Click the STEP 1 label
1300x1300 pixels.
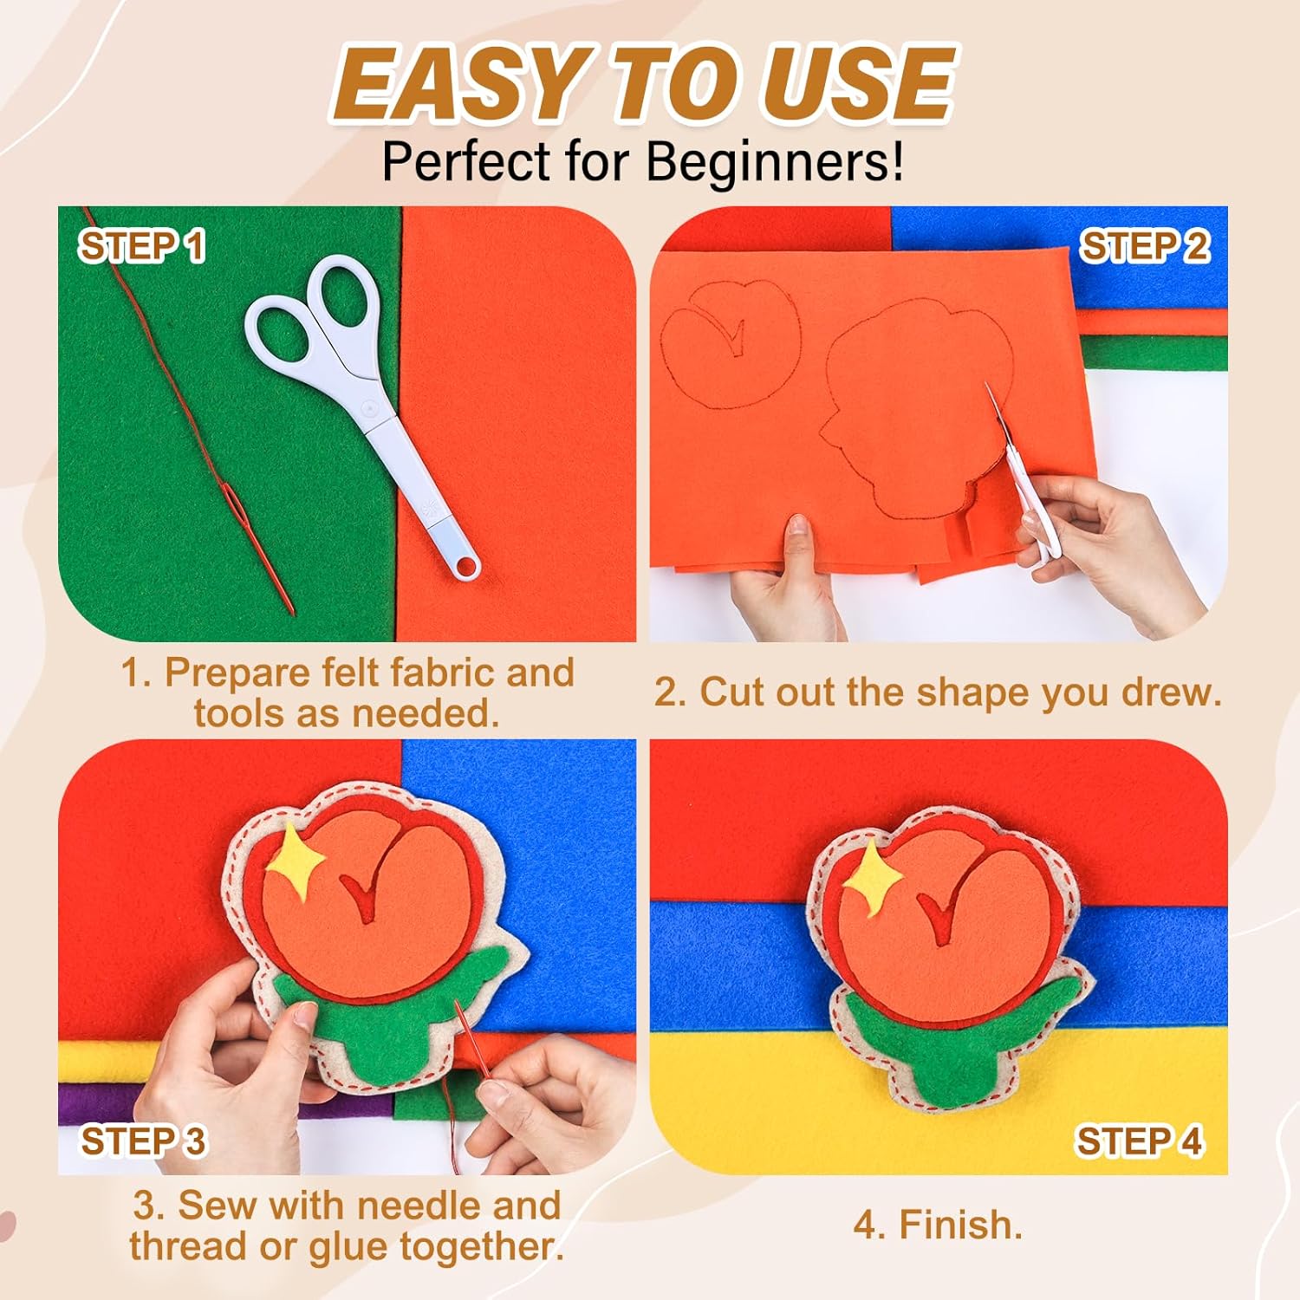(x=143, y=246)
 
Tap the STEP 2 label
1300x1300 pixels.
(x=1144, y=246)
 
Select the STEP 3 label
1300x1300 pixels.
(x=144, y=1141)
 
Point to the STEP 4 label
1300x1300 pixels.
(x=1140, y=1141)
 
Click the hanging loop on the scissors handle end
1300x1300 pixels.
(x=466, y=566)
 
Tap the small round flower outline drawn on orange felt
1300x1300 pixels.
(x=730, y=344)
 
